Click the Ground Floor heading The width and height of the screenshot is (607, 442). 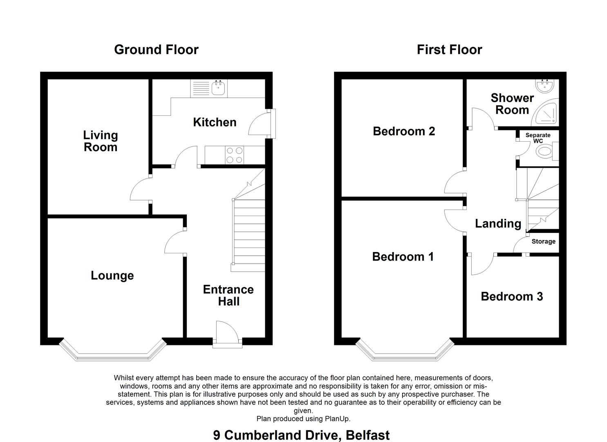tap(157, 50)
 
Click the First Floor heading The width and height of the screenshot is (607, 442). tap(450, 50)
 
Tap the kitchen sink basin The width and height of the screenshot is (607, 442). tap(218, 88)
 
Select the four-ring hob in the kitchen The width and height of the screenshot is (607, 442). tap(234, 155)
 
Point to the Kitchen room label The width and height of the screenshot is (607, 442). tap(215, 122)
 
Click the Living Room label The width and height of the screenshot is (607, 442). tap(100, 141)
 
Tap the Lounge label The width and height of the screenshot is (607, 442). tap(112, 275)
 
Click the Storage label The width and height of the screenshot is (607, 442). tap(543, 241)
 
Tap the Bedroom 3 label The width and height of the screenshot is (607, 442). tap(512, 296)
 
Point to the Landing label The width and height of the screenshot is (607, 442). tap(498, 223)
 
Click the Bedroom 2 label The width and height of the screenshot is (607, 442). tap(404, 131)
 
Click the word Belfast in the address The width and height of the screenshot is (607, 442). tap(367, 435)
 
